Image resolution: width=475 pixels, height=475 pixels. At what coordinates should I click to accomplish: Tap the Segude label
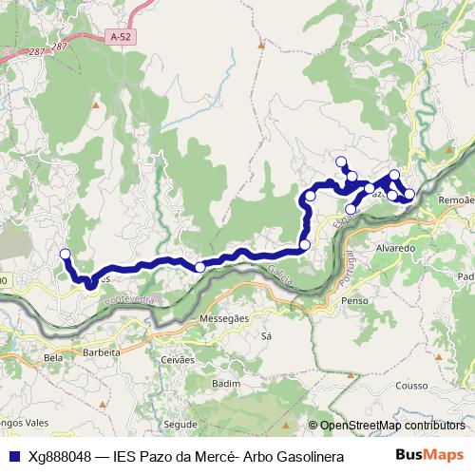pyautogui.click(x=180, y=425)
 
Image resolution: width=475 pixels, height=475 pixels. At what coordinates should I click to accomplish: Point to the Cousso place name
pyautogui.click(x=411, y=385)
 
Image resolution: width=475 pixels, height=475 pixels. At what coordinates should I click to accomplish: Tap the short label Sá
pyautogui.click(x=266, y=336)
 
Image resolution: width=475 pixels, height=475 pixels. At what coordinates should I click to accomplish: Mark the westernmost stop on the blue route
pyautogui.click(x=65, y=253)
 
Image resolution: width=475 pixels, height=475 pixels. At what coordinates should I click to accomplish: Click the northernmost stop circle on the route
pyautogui.click(x=341, y=161)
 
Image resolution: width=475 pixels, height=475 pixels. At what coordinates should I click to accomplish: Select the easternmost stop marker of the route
pyautogui.click(x=409, y=194)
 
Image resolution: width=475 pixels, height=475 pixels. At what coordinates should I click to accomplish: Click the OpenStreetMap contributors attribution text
pyautogui.click(x=391, y=426)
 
